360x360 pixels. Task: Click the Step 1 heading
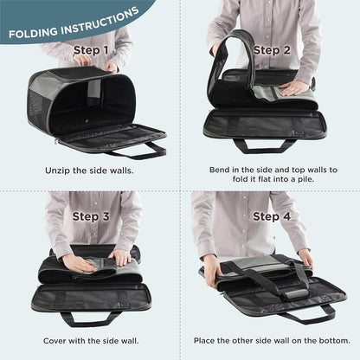(x=91, y=50)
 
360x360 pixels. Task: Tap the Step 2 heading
(x=272, y=50)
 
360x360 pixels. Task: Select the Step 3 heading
(x=91, y=216)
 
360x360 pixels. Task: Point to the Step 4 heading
(x=272, y=216)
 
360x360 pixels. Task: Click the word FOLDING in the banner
(x=33, y=32)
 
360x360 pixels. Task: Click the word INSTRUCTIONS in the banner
(x=100, y=21)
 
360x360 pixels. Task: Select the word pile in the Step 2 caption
(x=305, y=179)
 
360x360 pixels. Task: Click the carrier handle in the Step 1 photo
(x=138, y=151)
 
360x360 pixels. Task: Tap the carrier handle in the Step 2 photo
(x=264, y=145)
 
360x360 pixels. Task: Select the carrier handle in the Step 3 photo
(x=90, y=319)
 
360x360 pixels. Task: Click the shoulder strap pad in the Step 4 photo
(x=292, y=294)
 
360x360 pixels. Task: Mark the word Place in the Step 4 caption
(x=204, y=341)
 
